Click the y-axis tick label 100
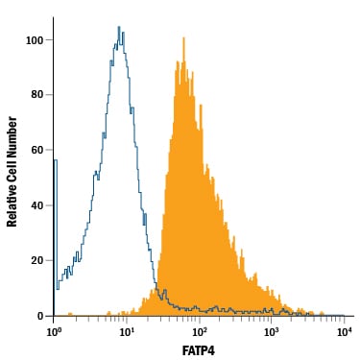[35, 40]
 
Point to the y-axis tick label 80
[37, 95]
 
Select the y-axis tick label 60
[37, 150]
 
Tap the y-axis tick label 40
[37, 205]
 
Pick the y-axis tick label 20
[37, 261]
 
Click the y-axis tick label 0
[40, 316]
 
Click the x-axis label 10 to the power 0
[54, 332]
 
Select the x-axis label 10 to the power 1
[127, 332]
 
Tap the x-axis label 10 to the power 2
[199, 332]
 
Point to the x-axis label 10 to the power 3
[272, 332]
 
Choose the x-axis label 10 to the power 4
[344, 332]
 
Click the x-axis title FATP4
[199, 350]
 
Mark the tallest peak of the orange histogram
[183, 38]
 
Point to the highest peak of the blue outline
[119, 27]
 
